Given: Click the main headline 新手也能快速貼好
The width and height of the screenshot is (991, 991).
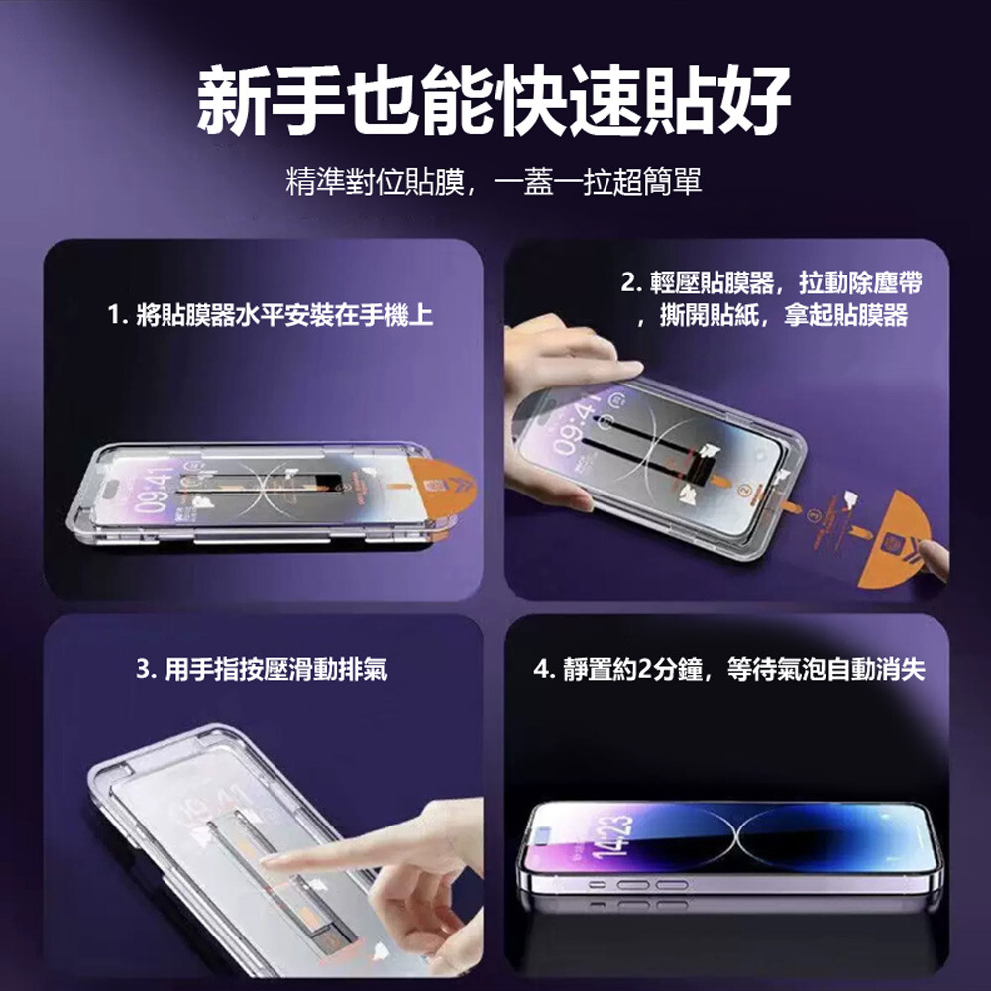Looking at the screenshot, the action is pyautogui.click(x=495, y=101).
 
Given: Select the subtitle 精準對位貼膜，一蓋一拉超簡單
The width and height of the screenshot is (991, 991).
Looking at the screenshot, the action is pyautogui.click(x=495, y=182).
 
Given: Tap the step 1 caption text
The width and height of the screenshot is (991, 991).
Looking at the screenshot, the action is pyautogui.click(x=271, y=315).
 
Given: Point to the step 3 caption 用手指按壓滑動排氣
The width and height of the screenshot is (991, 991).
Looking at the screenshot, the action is pyautogui.click(x=262, y=669).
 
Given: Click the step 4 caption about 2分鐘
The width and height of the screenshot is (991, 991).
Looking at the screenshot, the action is pyautogui.click(x=728, y=669).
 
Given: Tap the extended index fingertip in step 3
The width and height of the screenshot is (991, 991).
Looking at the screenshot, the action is pyautogui.click(x=269, y=861).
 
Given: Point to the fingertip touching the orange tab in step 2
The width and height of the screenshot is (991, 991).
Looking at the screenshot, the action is pyautogui.click(x=932, y=557).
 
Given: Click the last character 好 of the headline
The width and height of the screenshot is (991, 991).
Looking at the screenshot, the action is pyautogui.click(x=755, y=101).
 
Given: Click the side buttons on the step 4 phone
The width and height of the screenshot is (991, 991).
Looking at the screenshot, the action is pyautogui.click(x=638, y=885).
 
